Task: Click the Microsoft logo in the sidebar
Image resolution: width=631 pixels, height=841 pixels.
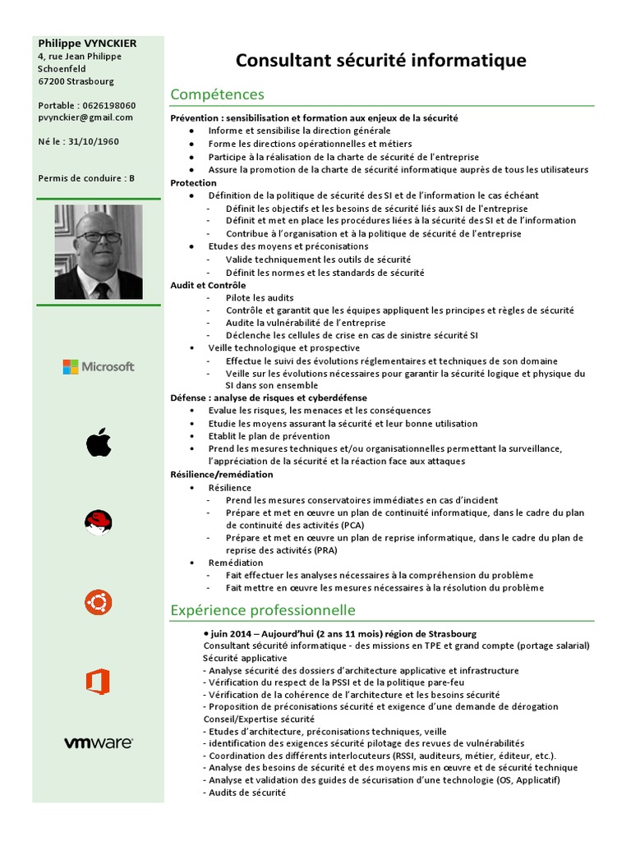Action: point(99,366)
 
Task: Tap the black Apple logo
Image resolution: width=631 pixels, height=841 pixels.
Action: point(98,443)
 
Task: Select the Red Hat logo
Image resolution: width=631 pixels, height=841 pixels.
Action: point(98,522)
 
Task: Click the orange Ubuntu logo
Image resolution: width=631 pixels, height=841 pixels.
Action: point(98,603)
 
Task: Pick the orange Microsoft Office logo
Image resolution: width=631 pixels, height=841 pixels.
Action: point(98,682)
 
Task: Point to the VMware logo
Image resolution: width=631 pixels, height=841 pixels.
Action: point(99,742)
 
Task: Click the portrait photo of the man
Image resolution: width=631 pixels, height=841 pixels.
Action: point(99,252)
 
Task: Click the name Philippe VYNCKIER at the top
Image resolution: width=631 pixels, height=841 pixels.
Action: point(87,44)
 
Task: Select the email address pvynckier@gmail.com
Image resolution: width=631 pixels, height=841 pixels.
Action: point(85,117)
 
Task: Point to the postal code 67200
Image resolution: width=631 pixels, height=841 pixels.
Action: point(52,81)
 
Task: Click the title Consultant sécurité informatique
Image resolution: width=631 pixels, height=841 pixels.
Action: point(380,61)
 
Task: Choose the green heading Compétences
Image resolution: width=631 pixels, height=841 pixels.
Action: point(217,94)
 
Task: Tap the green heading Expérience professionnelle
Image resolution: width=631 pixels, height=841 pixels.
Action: point(263,610)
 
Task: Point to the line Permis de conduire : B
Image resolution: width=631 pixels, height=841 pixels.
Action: point(86,178)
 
